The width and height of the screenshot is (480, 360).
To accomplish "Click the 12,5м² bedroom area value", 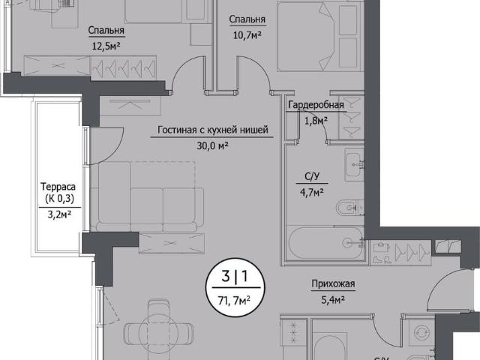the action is [106, 46].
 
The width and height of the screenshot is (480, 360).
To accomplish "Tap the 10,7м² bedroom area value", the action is [247, 35].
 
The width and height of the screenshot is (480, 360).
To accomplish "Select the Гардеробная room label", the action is [316, 105].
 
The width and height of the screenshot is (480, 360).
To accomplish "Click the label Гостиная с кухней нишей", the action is [213, 130].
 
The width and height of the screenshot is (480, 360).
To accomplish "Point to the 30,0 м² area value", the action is [212, 145].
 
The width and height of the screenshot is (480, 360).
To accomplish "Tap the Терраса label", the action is [58, 187].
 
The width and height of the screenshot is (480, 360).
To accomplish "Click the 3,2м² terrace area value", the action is [59, 214].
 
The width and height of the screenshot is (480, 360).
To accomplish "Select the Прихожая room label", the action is [333, 283].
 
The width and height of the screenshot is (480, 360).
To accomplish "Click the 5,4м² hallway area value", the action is [333, 300].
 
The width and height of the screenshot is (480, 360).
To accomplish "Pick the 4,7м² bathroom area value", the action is [312, 193].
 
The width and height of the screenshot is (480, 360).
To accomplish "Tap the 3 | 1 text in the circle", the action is [235, 277].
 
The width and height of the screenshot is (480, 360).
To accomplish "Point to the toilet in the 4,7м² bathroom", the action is [350, 208].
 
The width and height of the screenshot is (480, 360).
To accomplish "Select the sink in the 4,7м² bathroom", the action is [354, 164].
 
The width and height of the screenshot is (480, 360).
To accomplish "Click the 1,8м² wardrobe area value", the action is [316, 121].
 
